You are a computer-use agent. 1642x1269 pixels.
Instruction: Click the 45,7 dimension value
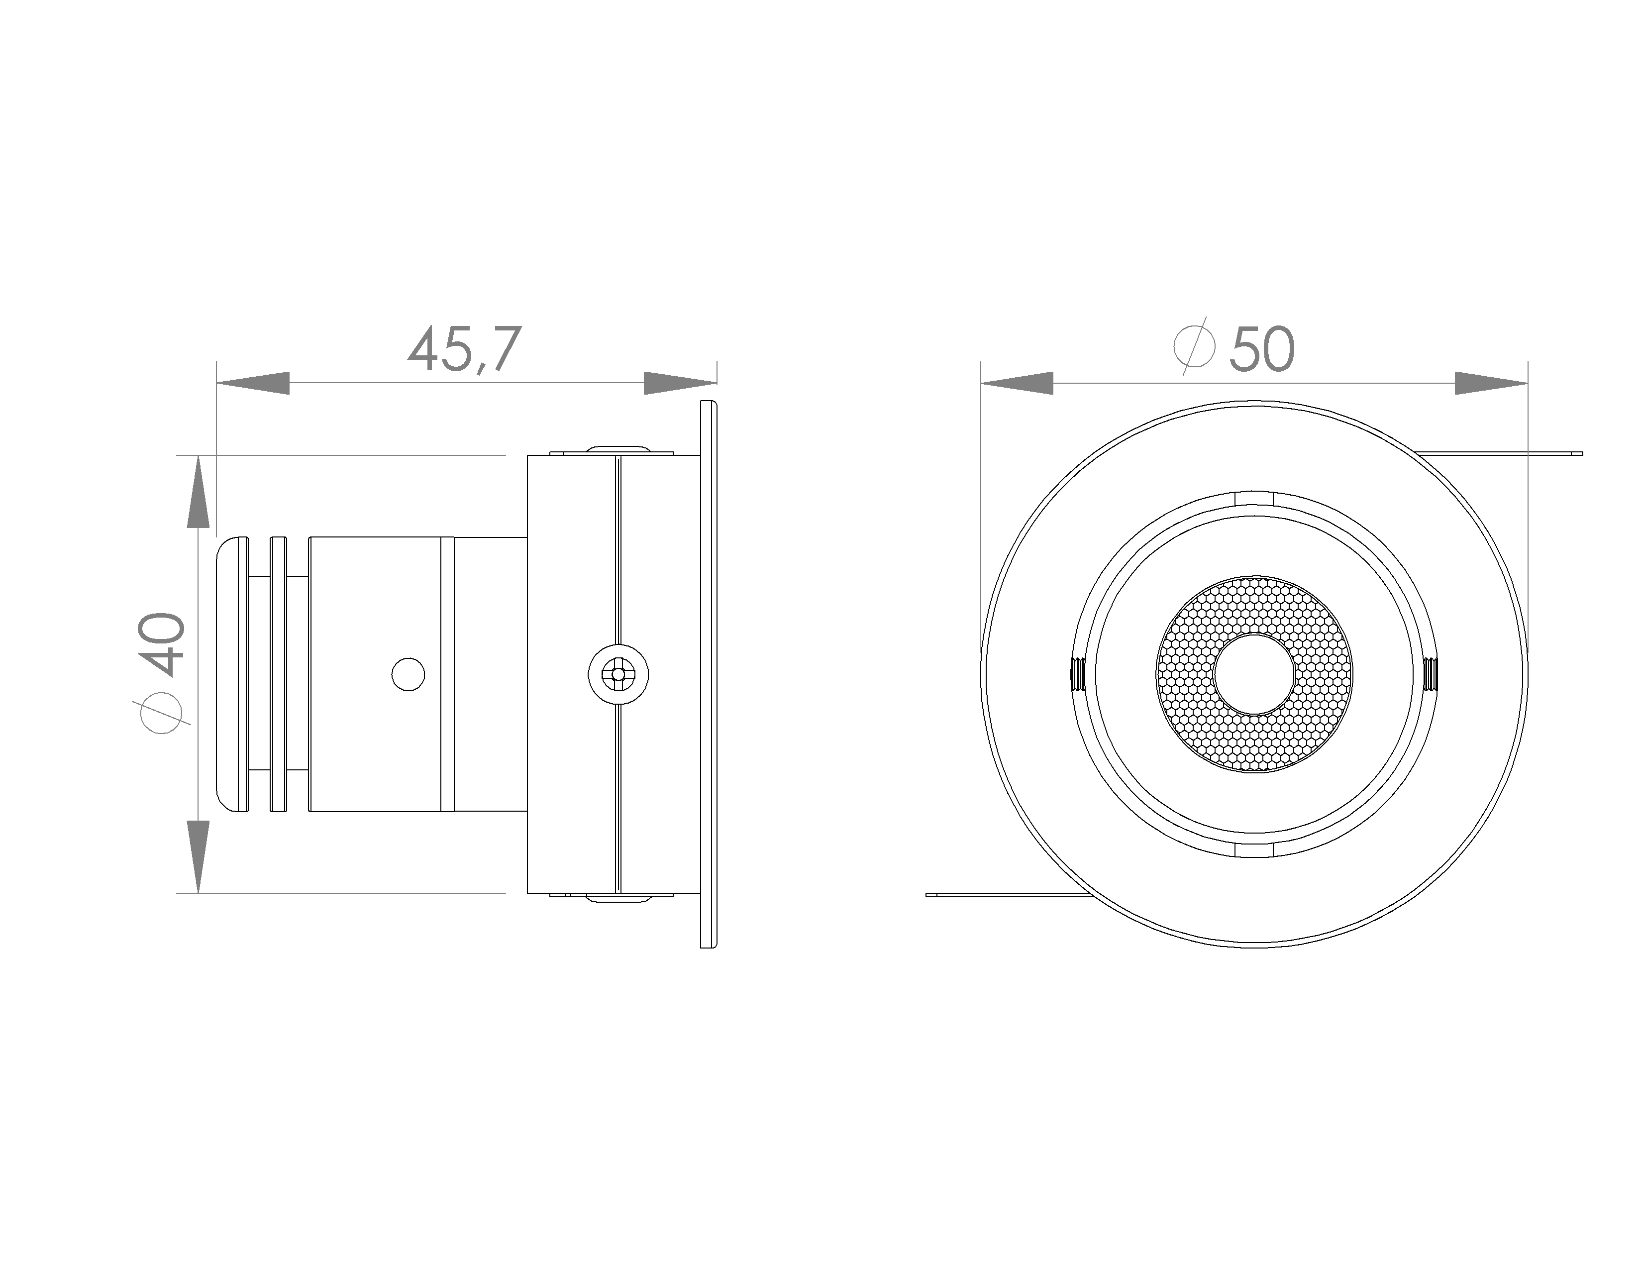tap(464, 349)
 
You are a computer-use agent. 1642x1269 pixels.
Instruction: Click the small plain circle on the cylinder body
tap(408, 674)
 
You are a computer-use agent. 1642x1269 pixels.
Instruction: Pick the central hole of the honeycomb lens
tap(1254, 674)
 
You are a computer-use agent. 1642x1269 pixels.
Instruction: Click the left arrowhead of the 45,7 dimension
tap(253, 383)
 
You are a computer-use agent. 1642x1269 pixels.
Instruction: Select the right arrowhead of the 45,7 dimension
tap(680, 383)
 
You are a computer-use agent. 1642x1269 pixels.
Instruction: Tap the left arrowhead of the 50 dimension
tap(1017, 383)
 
